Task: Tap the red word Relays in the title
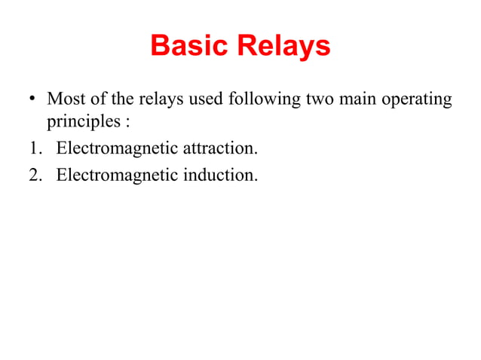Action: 283,47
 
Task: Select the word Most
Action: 66,99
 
